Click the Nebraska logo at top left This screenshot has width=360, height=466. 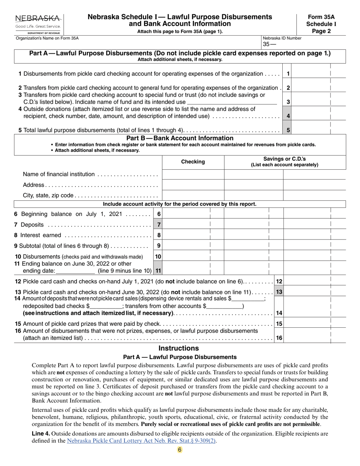pos(38,24)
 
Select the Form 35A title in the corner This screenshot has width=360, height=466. pos(321,17)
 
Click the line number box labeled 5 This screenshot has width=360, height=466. pos(288,130)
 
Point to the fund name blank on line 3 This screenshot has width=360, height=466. pos(232,102)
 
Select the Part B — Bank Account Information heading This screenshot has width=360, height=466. pos(180,138)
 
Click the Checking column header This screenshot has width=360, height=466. pos(193,162)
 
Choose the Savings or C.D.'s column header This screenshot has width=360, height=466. pos(285,162)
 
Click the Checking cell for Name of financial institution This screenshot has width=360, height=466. pos(193,174)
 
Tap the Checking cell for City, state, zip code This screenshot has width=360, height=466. pos(193,195)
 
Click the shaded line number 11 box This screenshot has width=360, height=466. pos(158,271)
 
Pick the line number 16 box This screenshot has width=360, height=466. pos(279,338)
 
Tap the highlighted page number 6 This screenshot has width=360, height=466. pos(180,450)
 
